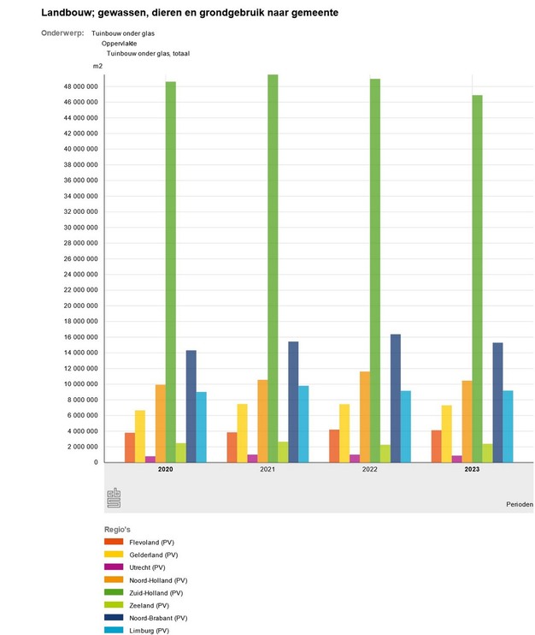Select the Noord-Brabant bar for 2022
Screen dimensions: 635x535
396,398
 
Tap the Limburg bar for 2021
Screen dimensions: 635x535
303,424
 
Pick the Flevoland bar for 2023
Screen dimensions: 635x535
437,446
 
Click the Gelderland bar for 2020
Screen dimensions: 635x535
140,436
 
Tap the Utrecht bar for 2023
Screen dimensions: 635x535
457,459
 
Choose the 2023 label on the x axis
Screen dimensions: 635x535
472,470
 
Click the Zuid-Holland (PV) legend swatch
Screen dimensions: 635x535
115,592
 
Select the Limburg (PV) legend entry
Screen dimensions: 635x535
150,630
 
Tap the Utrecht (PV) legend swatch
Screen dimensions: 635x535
115,567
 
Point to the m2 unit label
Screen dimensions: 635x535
97,66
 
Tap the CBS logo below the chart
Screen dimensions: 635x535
114,498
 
